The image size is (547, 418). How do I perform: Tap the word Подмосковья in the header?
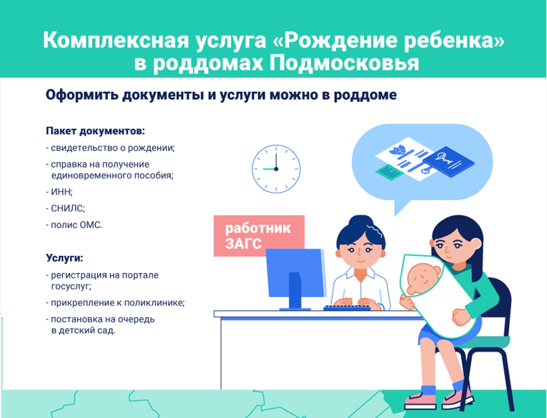(344, 63)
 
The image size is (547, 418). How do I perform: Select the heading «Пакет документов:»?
(95, 132)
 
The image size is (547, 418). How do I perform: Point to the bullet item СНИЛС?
(66, 209)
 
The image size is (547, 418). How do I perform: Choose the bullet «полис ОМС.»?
(74, 225)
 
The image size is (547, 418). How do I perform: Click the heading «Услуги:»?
(64, 258)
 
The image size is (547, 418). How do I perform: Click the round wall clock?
(276, 169)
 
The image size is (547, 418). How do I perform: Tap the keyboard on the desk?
(347, 308)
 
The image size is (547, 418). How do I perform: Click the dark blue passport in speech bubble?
(448, 161)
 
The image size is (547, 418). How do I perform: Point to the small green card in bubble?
(388, 172)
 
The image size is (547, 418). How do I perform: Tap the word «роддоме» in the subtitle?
(365, 95)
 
